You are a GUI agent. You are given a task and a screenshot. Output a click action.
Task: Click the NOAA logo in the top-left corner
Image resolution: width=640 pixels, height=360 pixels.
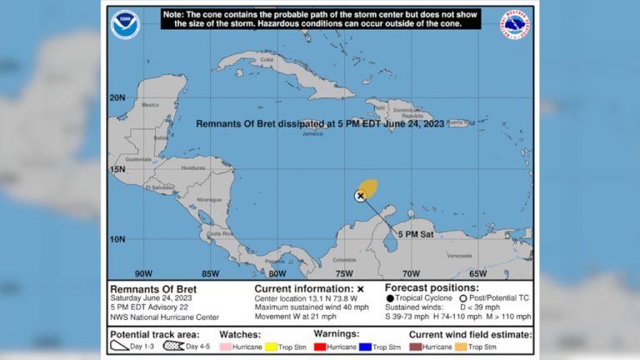pos(125,24)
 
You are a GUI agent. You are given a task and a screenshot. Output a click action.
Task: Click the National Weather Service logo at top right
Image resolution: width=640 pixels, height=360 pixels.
pos(516,24)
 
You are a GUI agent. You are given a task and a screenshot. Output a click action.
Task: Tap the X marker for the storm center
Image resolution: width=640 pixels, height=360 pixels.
pos(360,196)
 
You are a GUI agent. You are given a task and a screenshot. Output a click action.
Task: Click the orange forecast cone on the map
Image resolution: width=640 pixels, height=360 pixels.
pos(367,187)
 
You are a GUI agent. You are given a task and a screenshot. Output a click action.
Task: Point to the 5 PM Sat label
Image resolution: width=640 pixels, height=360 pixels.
pos(414,234)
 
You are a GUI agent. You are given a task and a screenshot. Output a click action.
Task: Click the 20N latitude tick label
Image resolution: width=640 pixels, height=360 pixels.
pos(118,97)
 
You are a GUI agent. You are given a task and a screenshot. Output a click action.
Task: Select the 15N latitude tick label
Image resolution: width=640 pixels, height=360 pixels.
pos(118,169)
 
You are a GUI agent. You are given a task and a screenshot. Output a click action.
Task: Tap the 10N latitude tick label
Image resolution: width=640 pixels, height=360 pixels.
pos(118,239)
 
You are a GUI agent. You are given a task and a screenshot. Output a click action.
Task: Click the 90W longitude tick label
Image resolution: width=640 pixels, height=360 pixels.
pos(143,272)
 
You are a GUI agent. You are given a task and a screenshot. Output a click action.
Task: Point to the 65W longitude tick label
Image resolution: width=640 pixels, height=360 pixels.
pos(477,272)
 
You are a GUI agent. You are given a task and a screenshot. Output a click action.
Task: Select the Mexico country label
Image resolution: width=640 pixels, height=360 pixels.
pos(151,105)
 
